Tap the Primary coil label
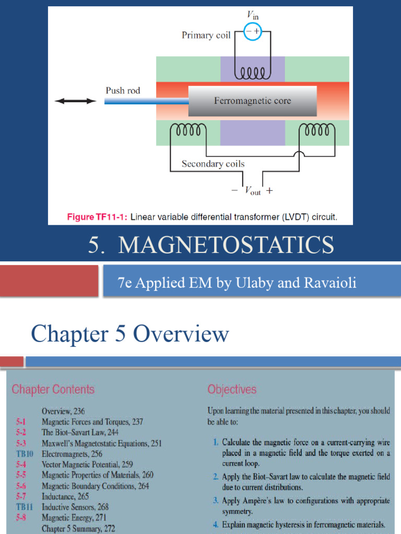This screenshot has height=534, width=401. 206,35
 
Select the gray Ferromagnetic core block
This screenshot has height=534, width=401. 252,101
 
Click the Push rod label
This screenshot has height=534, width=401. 123,90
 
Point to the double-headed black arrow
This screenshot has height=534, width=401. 76,101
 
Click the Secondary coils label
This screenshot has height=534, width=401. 213,164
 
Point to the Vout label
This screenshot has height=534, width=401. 252,191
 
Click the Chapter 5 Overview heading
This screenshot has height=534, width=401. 129,334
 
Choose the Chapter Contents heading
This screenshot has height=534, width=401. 53,390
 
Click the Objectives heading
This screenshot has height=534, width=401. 232,390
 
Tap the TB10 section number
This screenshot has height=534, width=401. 25,454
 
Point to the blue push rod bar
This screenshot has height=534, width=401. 146,101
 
